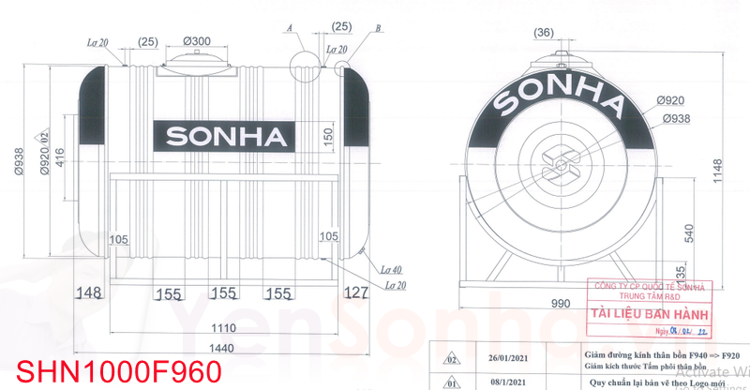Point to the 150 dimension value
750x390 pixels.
click(328, 136)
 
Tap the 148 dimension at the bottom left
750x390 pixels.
click(88, 293)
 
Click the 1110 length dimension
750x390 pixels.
click(222, 329)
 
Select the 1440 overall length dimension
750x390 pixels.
click(222, 348)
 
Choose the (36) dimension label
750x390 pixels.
click(544, 34)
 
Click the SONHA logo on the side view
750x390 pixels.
click(226, 137)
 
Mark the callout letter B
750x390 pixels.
click(377, 29)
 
